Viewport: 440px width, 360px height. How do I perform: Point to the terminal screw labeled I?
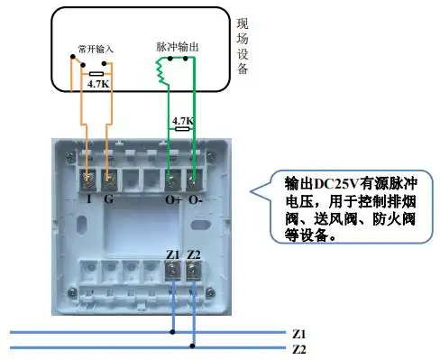[88, 182]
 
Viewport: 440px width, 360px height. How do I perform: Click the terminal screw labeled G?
[110, 182]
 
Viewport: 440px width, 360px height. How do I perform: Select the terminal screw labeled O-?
[193, 182]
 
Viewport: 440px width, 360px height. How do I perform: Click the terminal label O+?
[173, 199]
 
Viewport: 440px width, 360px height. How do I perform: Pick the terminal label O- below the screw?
[195, 199]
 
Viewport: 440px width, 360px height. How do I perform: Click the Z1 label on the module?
[174, 256]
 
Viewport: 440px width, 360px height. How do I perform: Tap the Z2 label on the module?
[193, 256]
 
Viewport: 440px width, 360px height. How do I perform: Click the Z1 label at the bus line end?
[300, 332]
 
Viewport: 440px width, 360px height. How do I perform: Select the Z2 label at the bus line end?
[300, 348]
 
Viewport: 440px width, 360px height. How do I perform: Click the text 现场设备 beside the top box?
[242, 48]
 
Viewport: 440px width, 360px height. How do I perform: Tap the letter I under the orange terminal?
[89, 199]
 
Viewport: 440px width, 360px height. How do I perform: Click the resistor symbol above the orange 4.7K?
[96, 74]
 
